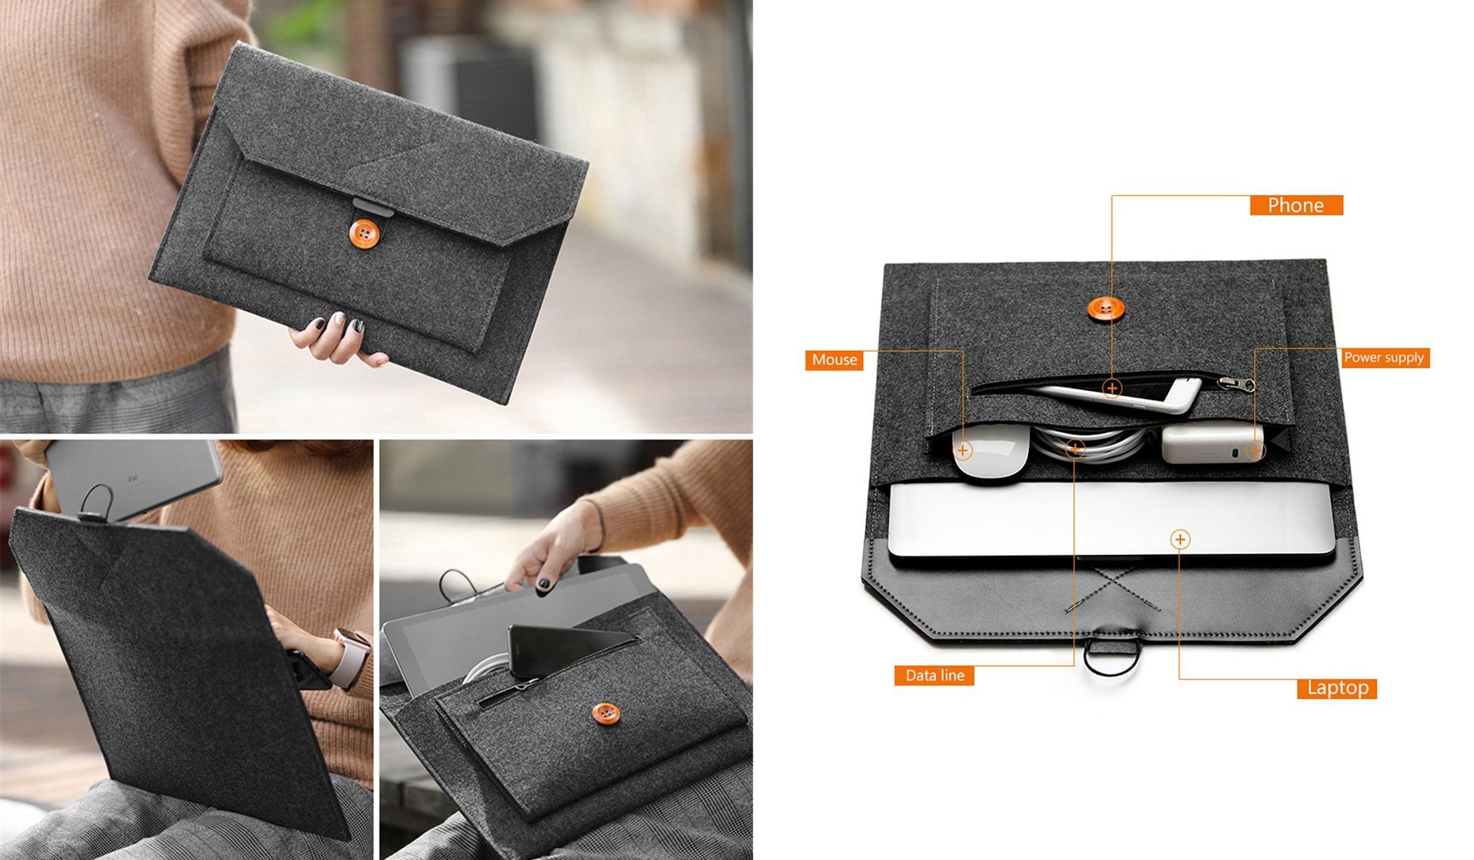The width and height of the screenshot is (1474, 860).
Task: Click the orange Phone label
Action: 1295,206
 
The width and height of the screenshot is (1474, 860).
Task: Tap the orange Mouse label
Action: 834,360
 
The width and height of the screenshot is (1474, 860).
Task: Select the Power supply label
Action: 1384,358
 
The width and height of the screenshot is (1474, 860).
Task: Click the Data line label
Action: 934,675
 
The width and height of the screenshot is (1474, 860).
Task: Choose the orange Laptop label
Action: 1337,688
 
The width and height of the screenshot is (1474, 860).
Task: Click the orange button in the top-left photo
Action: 365,233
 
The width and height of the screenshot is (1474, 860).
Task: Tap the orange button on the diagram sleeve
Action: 1105,308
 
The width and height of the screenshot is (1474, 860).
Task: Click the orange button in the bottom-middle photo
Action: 606,713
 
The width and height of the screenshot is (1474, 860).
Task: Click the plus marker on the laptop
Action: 1180,539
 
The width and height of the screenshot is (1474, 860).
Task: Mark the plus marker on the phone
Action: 1112,389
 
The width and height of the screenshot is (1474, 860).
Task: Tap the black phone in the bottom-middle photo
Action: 557,648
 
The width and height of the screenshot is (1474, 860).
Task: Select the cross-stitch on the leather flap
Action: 1113,588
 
